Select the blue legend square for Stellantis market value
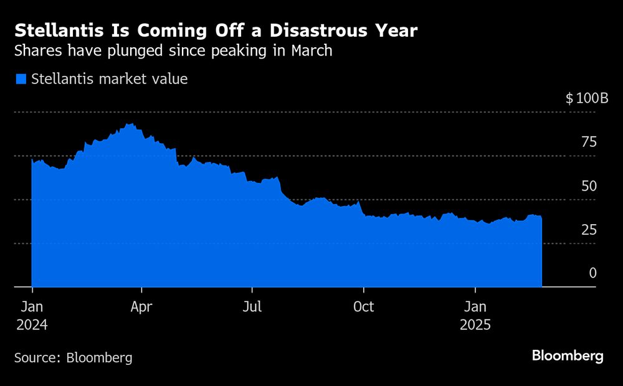[x=21, y=79]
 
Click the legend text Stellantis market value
[x=109, y=79]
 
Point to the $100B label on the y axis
[x=586, y=98]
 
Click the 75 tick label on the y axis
[x=589, y=143]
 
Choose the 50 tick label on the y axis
[x=589, y=186]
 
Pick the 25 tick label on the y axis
[x=589, y=230]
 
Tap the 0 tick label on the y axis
[x=592, y=273]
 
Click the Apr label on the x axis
[x=142, y=307]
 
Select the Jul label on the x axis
[x=252, y=307]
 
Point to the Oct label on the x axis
[x=363, y=307]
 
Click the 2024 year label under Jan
[x=32, y=325]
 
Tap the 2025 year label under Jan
[x=476, y=325]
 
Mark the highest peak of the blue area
[x=128, y=124]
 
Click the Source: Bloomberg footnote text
[x=73, y=358]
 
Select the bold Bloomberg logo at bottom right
[x=567, y=355]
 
